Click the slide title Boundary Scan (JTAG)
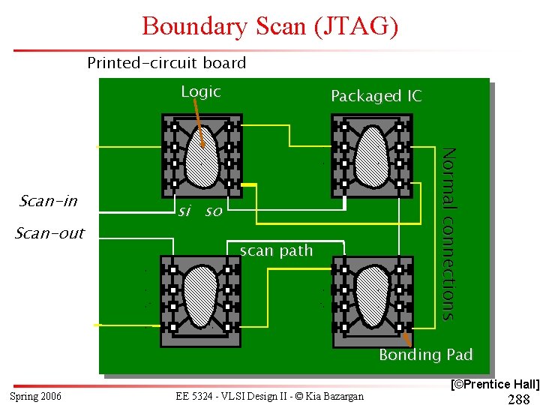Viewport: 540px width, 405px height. pos(270,26)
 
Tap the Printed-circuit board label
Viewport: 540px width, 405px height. pos(166,63)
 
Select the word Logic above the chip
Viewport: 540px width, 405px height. pos(201,92)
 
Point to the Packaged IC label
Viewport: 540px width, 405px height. pos(376,96)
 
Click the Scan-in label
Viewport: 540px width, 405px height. pos(49,201)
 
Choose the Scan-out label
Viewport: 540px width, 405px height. pos(50,233)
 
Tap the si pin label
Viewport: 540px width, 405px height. pos(183,211)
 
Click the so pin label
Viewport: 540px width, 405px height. pos(214,212)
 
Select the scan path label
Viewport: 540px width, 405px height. pos(276,250)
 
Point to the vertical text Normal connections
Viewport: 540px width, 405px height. pos(448,233)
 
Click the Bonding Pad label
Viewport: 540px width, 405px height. pos(425,355)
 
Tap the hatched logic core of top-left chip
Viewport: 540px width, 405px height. pos(202,157)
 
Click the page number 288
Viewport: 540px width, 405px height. pos(519,398)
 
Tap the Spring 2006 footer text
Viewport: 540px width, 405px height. pos(36,396)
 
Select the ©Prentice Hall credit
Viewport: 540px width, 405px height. pos(494,384)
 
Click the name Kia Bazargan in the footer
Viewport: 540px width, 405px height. pos(334,396)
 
